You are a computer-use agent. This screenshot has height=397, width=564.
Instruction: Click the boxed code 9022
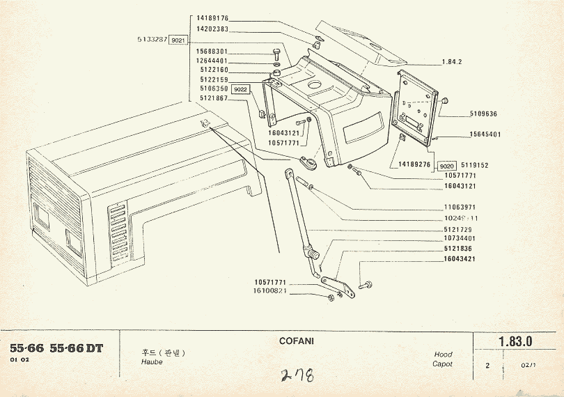point(241,90)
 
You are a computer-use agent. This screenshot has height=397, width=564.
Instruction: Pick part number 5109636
point(474,113)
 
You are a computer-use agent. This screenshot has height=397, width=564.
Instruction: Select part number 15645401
point(476,134)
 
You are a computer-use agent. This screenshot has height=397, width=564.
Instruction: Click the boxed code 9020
point(447,166)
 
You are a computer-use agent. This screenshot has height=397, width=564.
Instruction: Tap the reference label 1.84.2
point(452,62)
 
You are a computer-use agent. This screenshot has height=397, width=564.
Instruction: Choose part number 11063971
point(460,207)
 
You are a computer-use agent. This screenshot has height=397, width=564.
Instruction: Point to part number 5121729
point(458,229)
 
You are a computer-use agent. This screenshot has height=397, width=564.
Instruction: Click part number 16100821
point(271,290)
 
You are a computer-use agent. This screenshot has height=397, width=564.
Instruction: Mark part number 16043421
point(460,258)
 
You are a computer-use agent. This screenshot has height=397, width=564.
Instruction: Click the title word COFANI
point(297,341)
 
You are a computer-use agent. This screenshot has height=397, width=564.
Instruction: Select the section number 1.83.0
point(515,341)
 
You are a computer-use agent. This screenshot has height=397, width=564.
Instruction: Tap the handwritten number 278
point(297,377)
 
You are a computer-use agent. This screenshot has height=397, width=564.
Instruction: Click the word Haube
point(152,362)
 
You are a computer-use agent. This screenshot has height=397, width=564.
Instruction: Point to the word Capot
point(442,364)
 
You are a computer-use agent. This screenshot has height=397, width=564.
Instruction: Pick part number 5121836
point(457,249)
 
